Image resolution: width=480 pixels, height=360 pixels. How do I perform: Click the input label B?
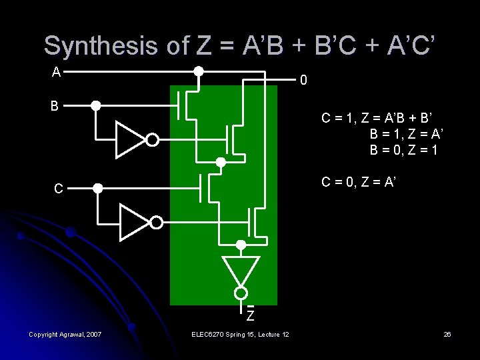pos(56,106)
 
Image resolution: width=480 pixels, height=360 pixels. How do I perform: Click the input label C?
pos(59,189)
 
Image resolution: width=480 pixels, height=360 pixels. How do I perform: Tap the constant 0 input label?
pos(303,81)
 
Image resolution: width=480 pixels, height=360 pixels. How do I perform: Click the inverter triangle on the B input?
pos(130,139)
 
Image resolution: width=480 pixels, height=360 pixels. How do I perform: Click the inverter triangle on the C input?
pos(134,221)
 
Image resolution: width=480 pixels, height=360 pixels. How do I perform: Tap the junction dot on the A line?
pos(198,71)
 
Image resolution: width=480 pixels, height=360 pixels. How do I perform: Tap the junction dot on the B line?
pos(96,105)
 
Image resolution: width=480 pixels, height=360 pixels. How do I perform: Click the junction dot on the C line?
pos(97,189)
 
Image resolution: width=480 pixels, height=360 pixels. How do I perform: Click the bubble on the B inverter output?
pos(153,140)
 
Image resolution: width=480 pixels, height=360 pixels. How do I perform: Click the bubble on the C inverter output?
pos(156,222)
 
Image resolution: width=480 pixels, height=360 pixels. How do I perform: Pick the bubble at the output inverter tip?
pos(241,293)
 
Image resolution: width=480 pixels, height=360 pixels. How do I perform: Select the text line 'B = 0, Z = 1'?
pos(404,150)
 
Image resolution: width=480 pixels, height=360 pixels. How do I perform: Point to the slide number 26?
pos(447,334)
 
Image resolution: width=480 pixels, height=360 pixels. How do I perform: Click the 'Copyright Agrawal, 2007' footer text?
pos(65,334)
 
